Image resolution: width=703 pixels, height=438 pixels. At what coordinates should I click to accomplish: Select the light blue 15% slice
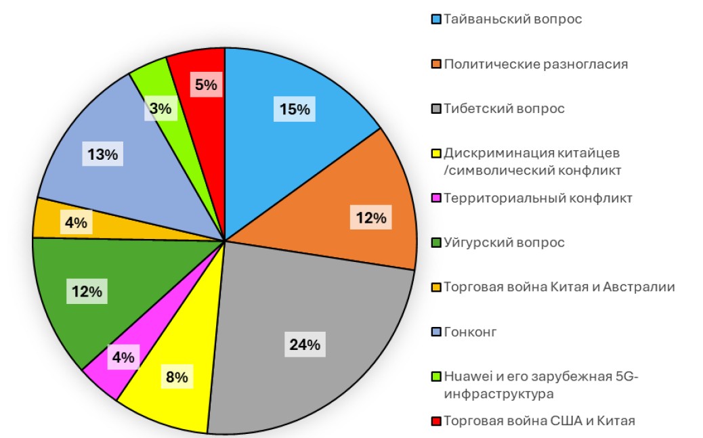[x=284, y=135]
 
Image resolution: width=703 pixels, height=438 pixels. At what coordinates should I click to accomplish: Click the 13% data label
[x=102, y=154]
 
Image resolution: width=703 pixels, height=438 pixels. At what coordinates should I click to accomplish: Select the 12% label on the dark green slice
[x=87, y=292]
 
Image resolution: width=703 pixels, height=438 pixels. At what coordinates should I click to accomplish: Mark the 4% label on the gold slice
[x=75, y=223]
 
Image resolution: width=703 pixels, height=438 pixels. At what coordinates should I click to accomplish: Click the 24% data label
[x=304, y=345]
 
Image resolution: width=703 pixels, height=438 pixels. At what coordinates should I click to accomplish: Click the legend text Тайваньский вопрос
[x=513, y=19]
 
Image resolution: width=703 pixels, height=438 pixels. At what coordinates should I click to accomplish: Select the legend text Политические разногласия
[x=536, y=64]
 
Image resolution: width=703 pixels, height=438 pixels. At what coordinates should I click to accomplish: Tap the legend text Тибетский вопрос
[x=504, y=108]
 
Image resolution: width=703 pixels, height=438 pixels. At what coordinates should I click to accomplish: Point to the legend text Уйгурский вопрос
[x=504, y=242]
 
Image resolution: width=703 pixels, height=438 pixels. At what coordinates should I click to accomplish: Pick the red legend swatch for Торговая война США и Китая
[x=437, y=422]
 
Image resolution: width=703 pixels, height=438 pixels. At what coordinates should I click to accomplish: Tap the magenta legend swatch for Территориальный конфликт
[x=437, y=198]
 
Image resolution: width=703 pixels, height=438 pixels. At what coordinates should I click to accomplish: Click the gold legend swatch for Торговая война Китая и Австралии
[x=437, y=288]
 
